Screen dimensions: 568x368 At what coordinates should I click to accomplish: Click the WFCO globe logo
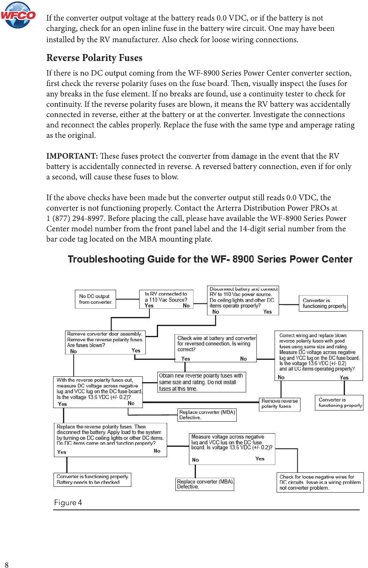click(x=18, y=15)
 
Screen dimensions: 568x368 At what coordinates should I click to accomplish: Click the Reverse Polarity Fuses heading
click(x=94, y=58)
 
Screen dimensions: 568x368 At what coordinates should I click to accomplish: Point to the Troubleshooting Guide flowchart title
click(x=210, y=259)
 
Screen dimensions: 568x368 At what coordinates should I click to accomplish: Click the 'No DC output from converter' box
click(x=95, y=299)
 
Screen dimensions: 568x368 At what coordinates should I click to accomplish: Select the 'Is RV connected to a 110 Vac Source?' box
click(x=166, y=300)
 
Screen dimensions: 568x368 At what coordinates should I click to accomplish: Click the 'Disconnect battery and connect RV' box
click(x=243, y=300)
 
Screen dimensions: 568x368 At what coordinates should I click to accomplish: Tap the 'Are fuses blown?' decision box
click(x=105, y=343)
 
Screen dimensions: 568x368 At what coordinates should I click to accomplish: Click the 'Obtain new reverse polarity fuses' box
click(x=202, y=382)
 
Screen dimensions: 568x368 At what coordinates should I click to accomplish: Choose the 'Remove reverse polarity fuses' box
click(x=279, y=404)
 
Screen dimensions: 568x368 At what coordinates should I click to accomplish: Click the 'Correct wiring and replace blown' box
click(x=319, y=355)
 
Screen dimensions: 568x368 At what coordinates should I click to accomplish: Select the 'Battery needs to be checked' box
click(x=92, y=479)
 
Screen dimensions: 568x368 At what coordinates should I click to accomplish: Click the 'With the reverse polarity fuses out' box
click(x=99, y=392)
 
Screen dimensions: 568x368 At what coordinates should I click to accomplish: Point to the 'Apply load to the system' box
click(x=110, y=439)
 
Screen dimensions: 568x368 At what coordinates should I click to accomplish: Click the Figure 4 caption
click(x=68, y=502)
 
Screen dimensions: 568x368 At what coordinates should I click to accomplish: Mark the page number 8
click(x=7, y=564)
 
